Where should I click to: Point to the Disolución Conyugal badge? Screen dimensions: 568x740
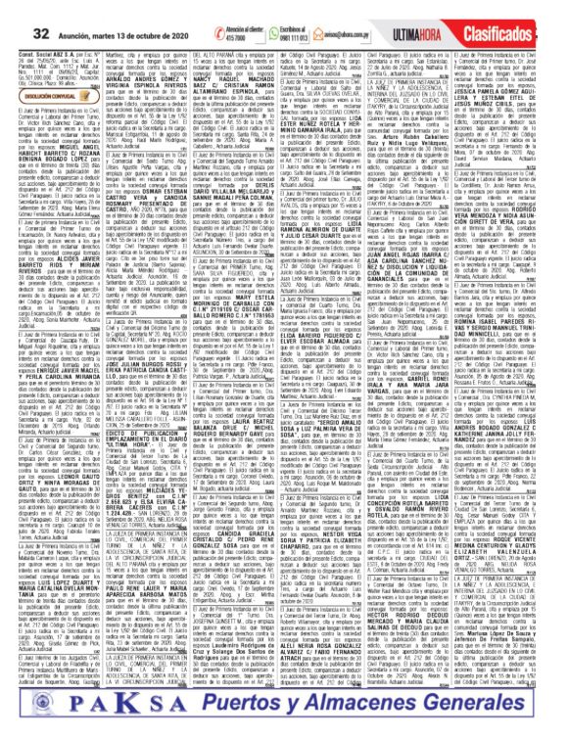click(x=39, y=69)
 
